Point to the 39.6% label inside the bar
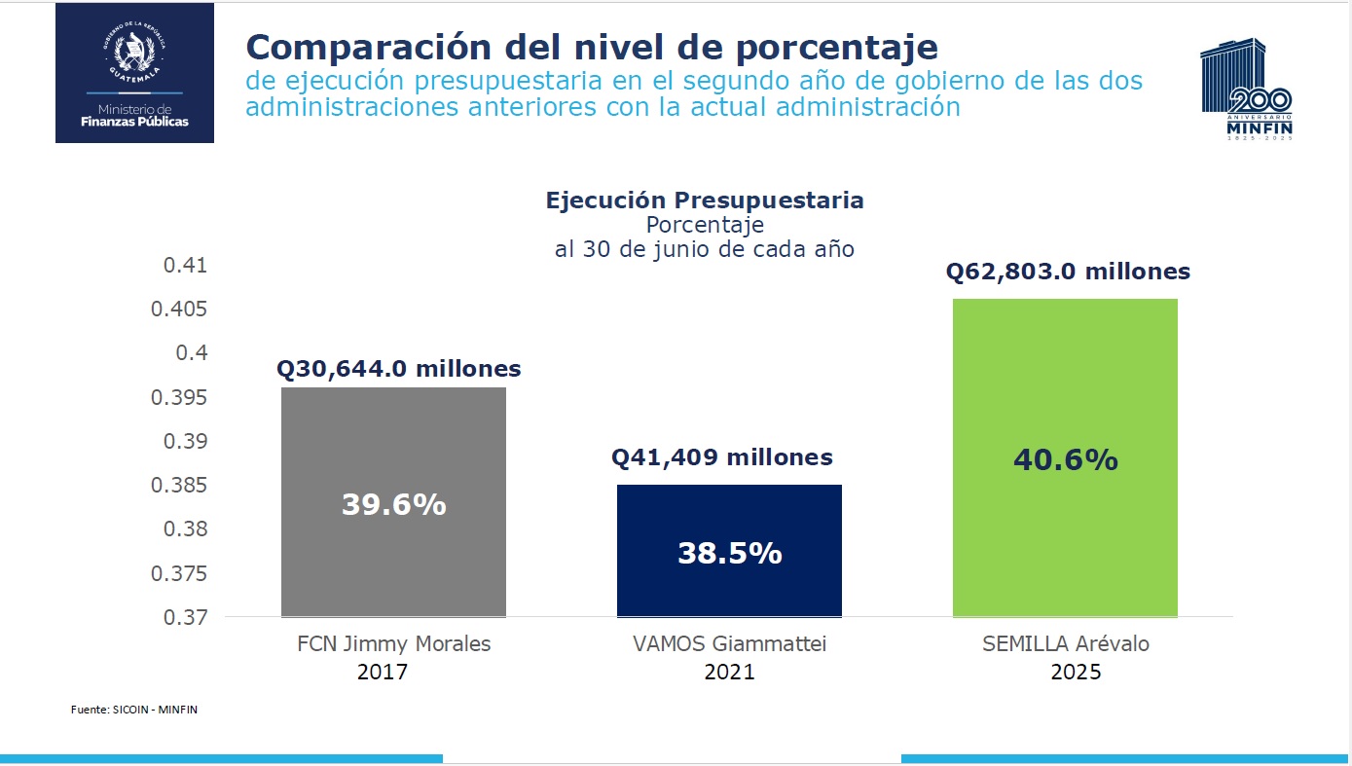(x=393, y=504)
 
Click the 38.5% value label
(x=729, y=553)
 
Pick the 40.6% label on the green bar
(x=1065, y=459)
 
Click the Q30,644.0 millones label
(x=399, y=370)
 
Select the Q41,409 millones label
(x=722, y=457)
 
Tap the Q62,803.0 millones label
(x=1068, y=272)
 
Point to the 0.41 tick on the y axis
(x=186, y=266)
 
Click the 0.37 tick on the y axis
(x=186, y=617)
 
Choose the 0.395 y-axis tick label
(x=180, y=397)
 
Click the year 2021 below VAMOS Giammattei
(x=729, y=672)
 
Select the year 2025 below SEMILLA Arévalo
(x=1076, y=672)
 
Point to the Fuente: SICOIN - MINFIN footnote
(x=134, y=710)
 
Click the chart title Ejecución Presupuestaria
(x=704, y=201)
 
